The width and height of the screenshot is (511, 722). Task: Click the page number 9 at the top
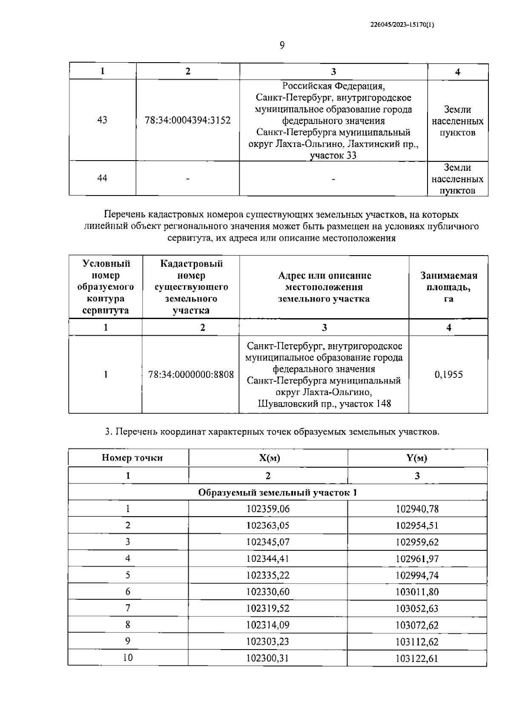(x=282, y=45)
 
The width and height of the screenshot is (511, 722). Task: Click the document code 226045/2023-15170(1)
(x=402, y=25)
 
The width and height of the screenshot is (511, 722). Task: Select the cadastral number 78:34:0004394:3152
(x=188, y=121)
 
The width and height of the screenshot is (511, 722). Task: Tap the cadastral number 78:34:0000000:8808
(x=191, y=375)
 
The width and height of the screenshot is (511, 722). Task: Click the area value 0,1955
(x=448, y=375)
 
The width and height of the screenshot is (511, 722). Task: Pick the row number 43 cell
(x=102, y=120)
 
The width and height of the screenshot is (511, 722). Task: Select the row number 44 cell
(x=102, y=178)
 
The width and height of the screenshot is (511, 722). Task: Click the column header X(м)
(x=269, y=458)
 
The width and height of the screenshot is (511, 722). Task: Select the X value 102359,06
(x=268, y=509)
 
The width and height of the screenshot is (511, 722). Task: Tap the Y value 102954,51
(x=417, y=526)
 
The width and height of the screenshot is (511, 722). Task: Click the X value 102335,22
(x=268, y=575)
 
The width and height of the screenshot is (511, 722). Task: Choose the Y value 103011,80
(x=417, y=592)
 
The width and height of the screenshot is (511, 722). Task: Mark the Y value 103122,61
(x=417, y=659)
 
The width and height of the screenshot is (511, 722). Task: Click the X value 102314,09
(x=268, y=625)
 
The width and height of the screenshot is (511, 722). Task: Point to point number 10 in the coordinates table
(x=128, y=658)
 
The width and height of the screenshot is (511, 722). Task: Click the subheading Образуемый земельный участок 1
(x=277, y=493)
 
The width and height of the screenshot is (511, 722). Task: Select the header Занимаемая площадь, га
(x=448, y=287)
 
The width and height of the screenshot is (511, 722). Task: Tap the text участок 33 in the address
(x=333, y=155)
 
